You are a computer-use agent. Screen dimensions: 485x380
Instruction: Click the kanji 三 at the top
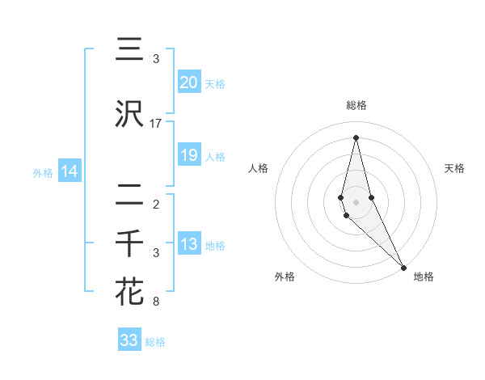pos(129,50)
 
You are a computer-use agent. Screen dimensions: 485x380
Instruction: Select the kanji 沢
pos(129,115)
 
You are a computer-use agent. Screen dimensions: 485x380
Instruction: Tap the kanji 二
pos(129,195)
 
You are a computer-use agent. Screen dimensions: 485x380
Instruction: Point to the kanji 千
pos(129,243)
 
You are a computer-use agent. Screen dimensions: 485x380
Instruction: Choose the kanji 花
pos(129,292)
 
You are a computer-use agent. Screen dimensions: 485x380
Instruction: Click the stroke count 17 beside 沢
pos(156,124)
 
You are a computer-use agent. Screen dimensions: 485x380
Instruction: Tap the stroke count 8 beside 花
pos(156,302)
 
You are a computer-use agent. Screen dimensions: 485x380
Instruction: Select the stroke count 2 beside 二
pos(156,204)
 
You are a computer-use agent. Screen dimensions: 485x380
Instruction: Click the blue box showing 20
pos(189,82)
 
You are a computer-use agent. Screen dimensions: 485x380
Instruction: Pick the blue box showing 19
pos(189,155)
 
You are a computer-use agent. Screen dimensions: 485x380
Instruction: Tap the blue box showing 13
pos(189,245)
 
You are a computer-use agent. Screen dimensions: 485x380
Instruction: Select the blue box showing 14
pos(70,171)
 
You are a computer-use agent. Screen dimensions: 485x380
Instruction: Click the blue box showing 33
pos(129,340)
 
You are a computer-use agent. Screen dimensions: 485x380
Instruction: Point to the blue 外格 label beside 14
pos(42,172)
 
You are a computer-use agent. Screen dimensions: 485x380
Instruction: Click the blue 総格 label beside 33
pos(155,342)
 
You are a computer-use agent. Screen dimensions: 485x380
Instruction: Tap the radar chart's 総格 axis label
pos(356,105)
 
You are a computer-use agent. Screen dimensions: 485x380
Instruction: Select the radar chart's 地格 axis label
pos(424,277)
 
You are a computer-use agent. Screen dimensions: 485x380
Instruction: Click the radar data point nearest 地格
pos(403,267)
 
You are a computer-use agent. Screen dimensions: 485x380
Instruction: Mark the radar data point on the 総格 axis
pos(356,137)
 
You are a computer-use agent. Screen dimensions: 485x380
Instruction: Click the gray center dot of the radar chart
pos(356,202)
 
